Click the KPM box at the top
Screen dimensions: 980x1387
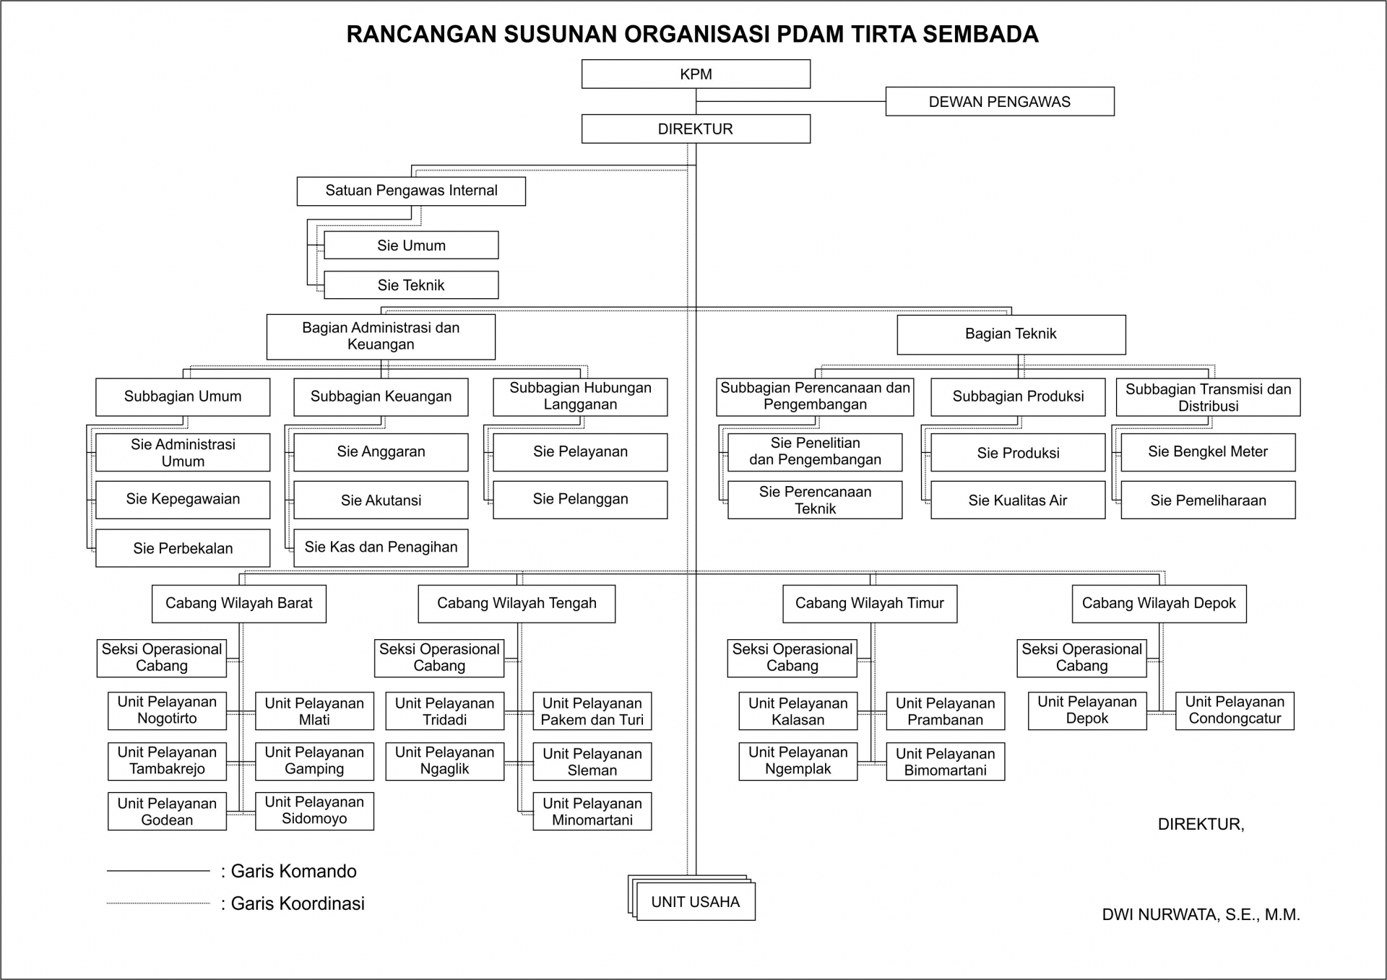point(696,74)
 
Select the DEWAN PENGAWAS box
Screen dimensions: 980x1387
point(1000,102)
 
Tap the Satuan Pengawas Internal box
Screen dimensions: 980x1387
point(411,191)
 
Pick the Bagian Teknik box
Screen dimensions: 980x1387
point(1011,334)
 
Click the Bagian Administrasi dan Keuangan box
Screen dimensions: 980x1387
point(381,336)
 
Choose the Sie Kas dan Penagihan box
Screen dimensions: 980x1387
point(381,547)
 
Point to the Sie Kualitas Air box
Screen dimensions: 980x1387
point(1017,500)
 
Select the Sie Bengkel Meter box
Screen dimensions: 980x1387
point(1208,452)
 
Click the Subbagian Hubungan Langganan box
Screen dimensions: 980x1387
point(580,396)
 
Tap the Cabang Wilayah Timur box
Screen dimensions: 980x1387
point(870,603)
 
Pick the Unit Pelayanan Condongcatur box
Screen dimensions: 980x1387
point(1235,711)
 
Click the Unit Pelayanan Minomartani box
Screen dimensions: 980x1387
point(592,811)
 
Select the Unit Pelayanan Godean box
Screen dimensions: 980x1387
point(167,811)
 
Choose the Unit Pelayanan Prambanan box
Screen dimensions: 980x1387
point(945,711)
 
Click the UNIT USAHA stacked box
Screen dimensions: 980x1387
point(695,901)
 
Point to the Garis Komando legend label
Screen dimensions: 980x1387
point(293,871)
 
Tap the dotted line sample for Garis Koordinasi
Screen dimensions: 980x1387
point(158,903)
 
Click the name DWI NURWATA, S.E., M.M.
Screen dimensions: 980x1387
point(1201,915)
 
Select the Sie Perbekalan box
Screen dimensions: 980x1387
point(183,548)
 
